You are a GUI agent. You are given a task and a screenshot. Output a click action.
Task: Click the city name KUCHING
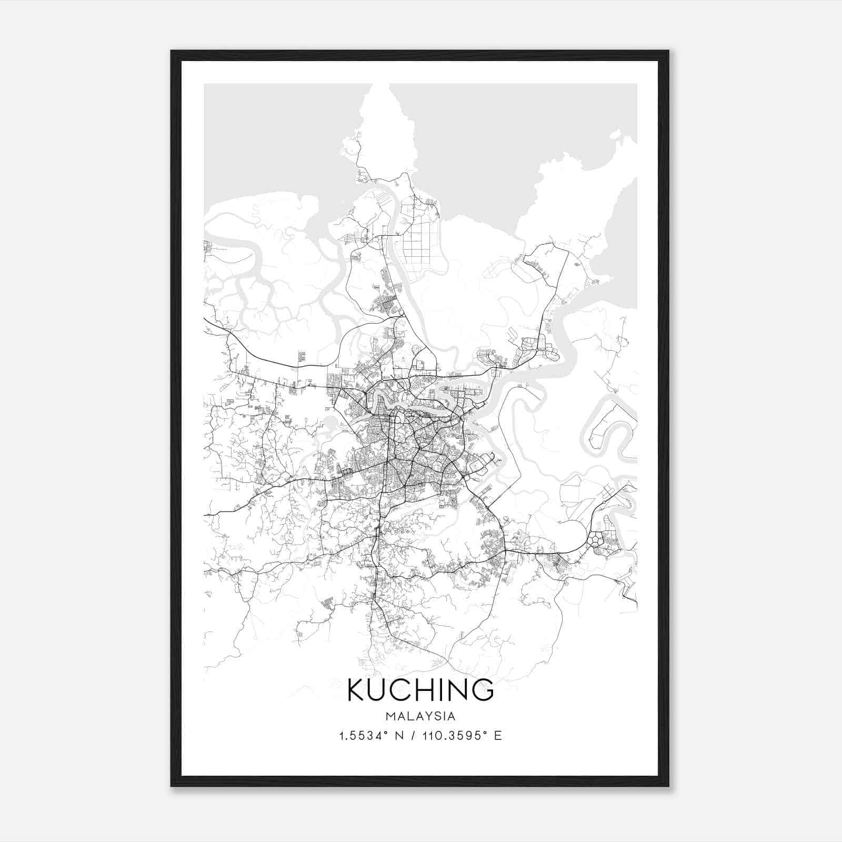click(x=420, y=690)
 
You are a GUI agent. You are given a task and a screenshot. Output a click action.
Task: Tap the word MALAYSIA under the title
click(x=420, y=716)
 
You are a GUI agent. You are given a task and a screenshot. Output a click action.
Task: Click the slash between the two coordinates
click(x=416, y=736)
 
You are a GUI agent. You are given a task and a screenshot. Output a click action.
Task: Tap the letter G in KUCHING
click(x=483, y=690)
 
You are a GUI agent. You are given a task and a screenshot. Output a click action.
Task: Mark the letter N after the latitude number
click(x=404, y=736)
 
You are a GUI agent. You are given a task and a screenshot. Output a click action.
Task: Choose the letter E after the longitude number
click(x=498, y=736)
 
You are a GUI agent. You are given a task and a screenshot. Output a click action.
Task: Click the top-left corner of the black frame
click(x=172, y=52)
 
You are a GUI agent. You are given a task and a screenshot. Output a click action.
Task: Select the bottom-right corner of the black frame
click(x=668, y=786)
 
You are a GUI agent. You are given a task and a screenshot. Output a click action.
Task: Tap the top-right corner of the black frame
click(x=668, y=52)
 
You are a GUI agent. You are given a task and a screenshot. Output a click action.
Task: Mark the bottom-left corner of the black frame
click(x=172, y=786)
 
